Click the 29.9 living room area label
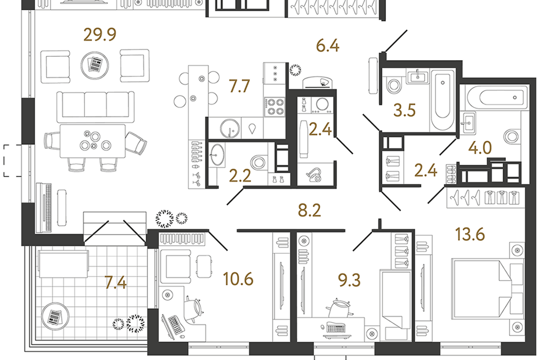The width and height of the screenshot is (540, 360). (100, 34)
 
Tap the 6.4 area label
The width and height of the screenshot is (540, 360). (328, 46)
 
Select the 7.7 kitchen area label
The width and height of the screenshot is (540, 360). (240, 85)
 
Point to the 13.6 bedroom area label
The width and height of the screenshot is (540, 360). (470, 234)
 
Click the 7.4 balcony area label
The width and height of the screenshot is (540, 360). (116, 282)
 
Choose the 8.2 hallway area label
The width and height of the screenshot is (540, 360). (309, 210)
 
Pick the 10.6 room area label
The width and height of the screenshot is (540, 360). (238, 278)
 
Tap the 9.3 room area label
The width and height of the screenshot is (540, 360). (349, 280)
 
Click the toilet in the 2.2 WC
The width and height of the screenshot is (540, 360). (258, 162)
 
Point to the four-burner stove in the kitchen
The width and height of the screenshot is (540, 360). (274, 107)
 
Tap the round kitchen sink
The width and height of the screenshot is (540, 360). (229, 128)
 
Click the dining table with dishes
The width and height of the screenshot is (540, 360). (93, 141)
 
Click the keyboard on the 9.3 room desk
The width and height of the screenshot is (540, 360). (336, 327)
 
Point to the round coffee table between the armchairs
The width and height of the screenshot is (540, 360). (95, 65)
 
